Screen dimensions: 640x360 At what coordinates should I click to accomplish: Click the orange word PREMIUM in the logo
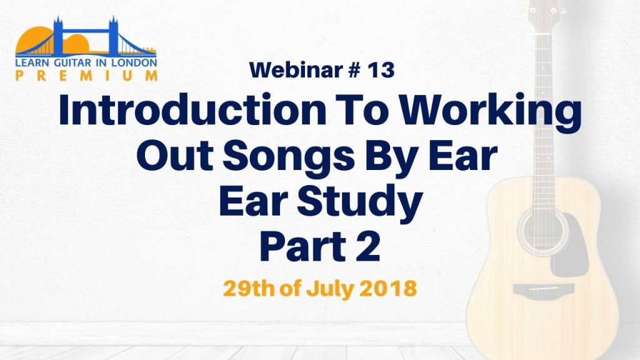click(86, 76)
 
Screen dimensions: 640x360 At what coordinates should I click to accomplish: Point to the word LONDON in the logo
click(136, 62)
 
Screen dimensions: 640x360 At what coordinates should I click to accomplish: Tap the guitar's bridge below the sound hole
click(544, 289)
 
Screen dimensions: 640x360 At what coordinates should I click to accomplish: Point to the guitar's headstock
click(543, 12)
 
